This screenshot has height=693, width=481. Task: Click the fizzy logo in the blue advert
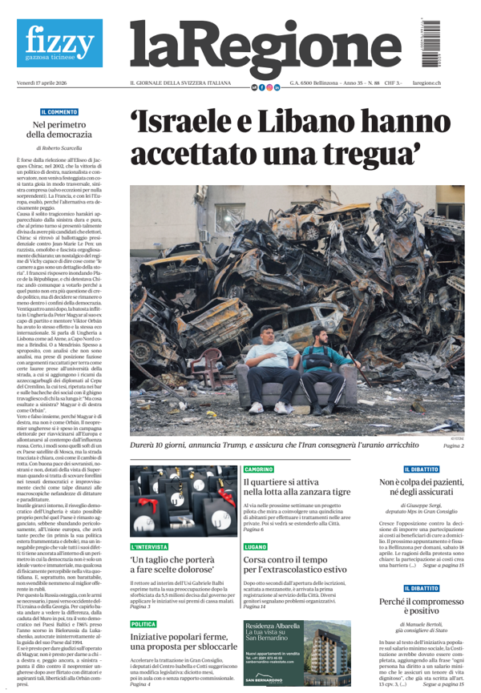pyautogui.click(x=59, y=40)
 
